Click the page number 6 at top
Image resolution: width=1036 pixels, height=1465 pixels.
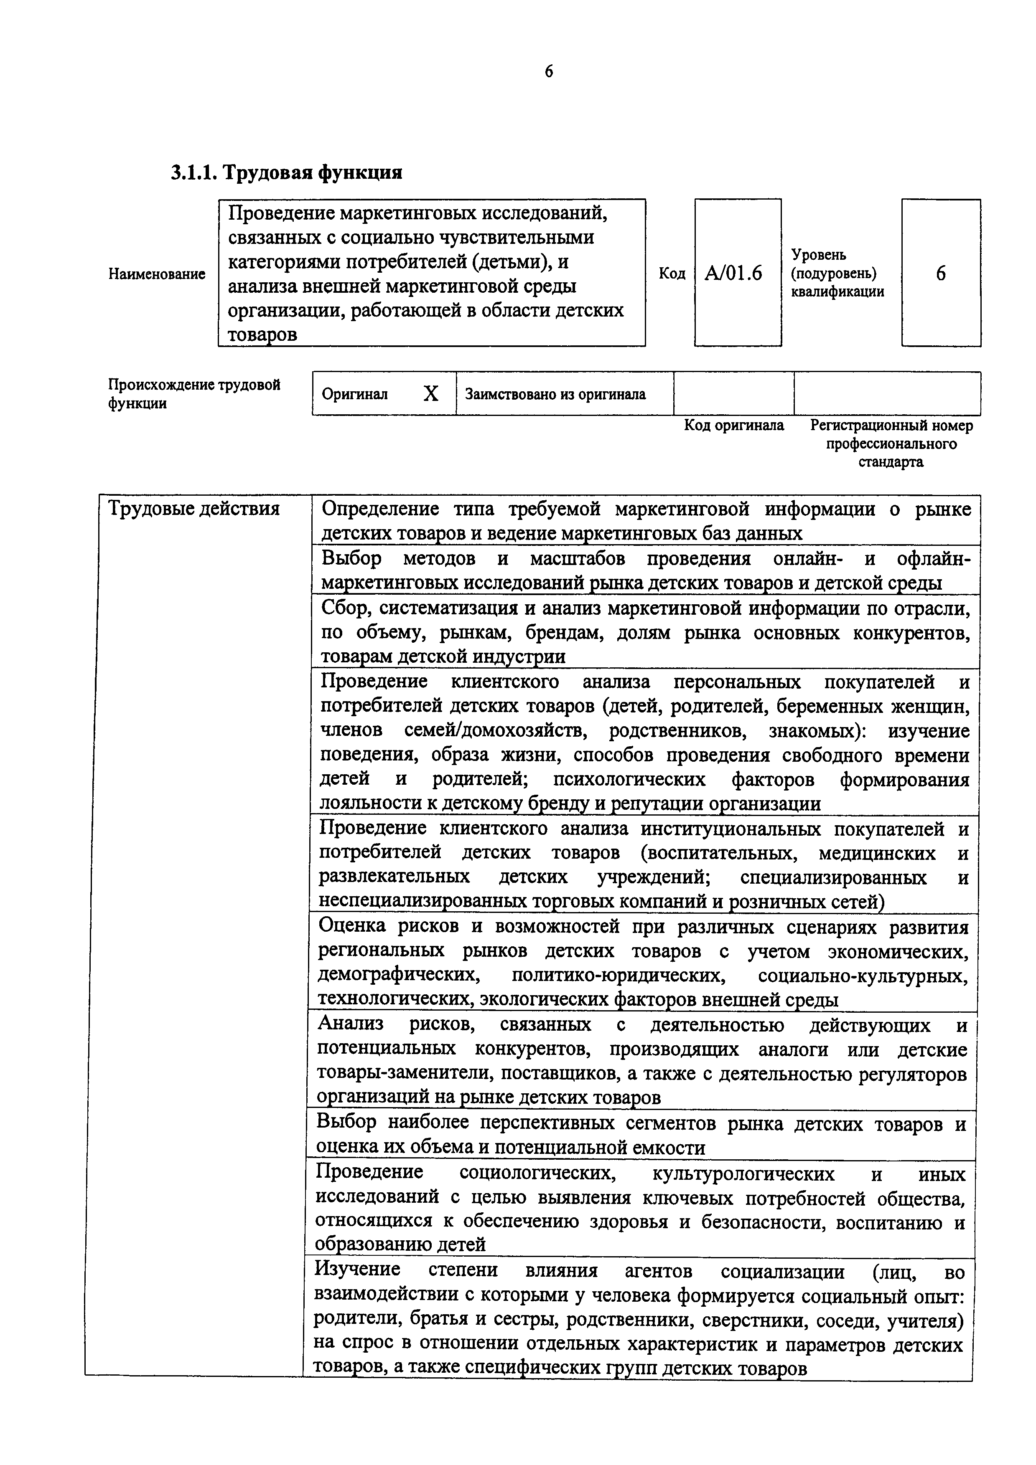(x=549, y=71)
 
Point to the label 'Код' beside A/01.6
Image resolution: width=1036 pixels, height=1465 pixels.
(x=672, y=274)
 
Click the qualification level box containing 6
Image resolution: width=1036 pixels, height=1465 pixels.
(x=940, y=273)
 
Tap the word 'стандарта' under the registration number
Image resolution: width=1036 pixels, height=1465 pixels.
(x=891, y=462)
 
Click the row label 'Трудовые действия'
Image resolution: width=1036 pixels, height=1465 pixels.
(x=194, y=509)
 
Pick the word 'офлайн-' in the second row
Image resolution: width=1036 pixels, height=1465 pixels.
(x=933, y=559)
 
